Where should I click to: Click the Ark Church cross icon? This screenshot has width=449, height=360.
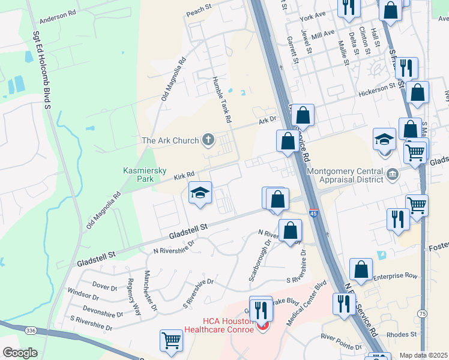(208, 140)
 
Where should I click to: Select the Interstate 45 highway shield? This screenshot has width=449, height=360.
(314, 213)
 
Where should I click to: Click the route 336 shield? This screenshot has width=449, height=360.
(30, 331)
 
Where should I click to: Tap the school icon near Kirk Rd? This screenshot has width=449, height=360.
(200, 193)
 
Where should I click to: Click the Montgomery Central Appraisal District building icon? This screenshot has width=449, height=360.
(393, 175)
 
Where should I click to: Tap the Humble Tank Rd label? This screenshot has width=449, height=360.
(221, 100)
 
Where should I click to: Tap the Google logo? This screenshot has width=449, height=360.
(20, 353)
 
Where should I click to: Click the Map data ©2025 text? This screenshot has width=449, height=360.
(423, 355)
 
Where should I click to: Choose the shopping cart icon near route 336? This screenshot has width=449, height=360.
(172, 340)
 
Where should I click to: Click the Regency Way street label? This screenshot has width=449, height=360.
(133, 297)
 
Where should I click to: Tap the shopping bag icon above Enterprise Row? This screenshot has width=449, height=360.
(362, 269)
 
